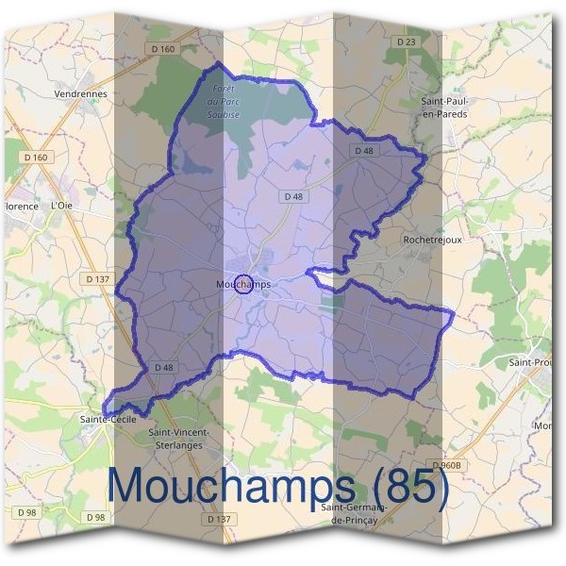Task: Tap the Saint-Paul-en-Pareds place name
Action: (444, 108)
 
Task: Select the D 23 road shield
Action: (406, 42)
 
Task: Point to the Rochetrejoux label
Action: (432, 240)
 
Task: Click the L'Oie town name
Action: (60, 205)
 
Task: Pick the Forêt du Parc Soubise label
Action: (223, 101)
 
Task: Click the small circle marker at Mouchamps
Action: (242, 284)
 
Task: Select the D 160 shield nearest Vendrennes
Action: (162, 49)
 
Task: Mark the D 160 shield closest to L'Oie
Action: (36, 157)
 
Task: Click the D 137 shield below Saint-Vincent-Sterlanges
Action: (218, 519)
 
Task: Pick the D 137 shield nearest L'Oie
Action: (97, 279)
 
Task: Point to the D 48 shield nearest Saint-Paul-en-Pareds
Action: (364, 151)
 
